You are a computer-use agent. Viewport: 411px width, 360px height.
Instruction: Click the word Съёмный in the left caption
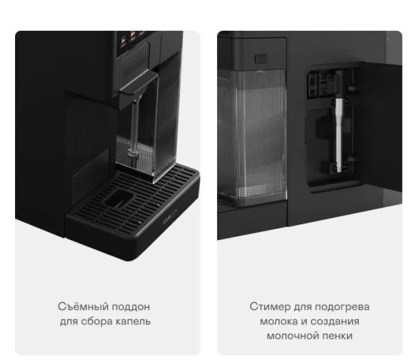point(83,307)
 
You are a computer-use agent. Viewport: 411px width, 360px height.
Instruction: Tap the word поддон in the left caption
point(131,307)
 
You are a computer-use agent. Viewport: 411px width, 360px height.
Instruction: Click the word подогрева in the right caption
point(342,307)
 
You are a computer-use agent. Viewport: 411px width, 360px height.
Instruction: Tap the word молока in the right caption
point(278,321)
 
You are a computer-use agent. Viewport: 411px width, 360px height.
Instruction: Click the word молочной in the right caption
point(290,335)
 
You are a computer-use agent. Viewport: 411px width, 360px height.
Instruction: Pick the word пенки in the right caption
point(336,335)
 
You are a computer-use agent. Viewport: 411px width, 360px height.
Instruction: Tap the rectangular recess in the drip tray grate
point(119,198)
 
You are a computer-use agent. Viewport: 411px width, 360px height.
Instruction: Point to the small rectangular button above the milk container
point(261,58)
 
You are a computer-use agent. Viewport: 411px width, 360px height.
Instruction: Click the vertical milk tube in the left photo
point(134,126)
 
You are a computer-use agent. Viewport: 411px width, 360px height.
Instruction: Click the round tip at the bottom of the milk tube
point(133,152)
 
